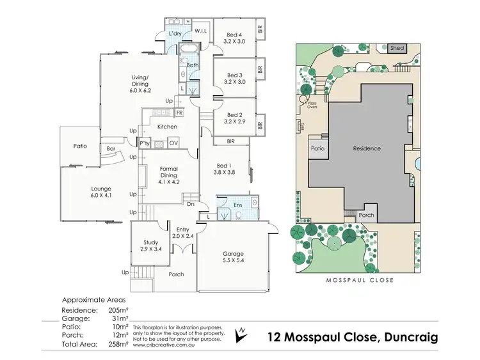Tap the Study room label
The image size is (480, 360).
tap(150, 242)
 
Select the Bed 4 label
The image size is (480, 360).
tap(235, 35)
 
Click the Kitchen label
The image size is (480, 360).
tap(167, 127)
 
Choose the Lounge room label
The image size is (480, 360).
tap(101, 189)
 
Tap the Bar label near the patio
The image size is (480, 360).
tap(111, 149)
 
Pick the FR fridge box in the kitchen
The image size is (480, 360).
tap(179, 113)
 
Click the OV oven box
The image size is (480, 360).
tap(173, 143)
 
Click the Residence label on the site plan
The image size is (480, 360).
tap(367, 148)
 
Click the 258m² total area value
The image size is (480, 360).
tap(118, 344)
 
